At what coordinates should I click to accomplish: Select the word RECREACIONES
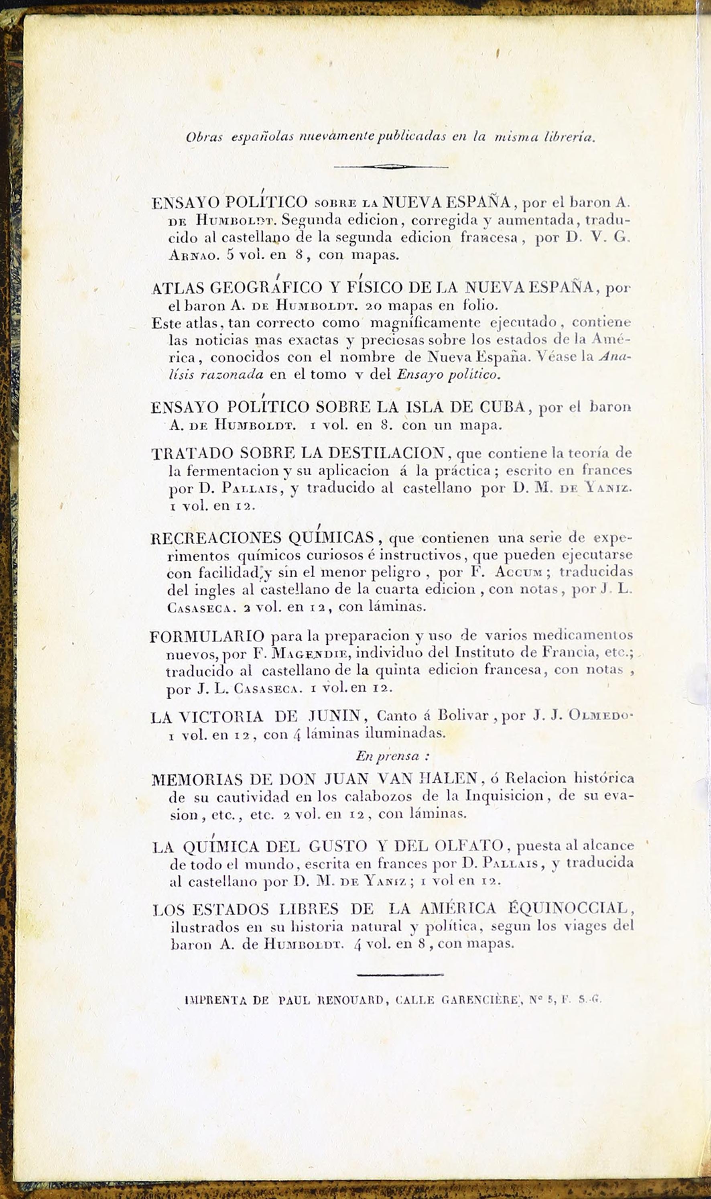(214, 538)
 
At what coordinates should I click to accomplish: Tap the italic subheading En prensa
(392, 756)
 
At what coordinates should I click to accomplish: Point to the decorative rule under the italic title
(391, 167)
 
